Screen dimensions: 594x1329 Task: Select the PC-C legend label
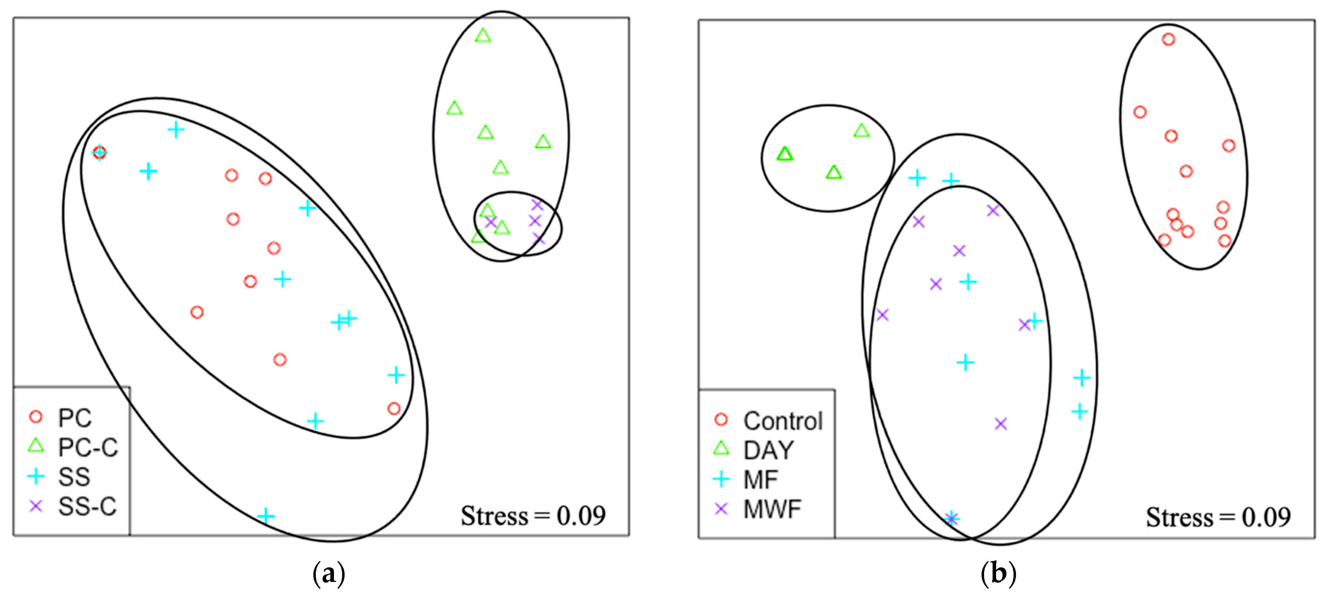pyautogui.click(x=88, y=447)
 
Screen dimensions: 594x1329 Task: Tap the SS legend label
pyautogui.click(x=74, y=477)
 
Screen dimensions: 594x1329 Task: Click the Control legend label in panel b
pyautogui.click(x=782, y=421)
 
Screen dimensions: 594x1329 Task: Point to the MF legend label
pyautogui.click(x=760, y=480)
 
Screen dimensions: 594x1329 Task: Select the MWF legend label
pyautogui.click(x=772, y=509)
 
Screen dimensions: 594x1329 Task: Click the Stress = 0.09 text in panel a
pyautogui.click(x=533, y=516)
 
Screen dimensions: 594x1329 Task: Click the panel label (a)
pyautogui.click(x=329, y=574)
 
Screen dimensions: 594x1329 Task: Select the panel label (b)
pyautogui.click(x=998, y=574)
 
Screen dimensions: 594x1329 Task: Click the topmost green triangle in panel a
pyautogui.click(x=482, y=35)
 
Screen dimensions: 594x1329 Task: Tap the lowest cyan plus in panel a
pyautogui.click(x=266, y=516)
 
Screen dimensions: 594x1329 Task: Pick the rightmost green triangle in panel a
pyautogui.click(x=543, y=142)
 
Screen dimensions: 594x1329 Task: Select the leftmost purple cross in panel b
pyautogui.click(x=882, y=314)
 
